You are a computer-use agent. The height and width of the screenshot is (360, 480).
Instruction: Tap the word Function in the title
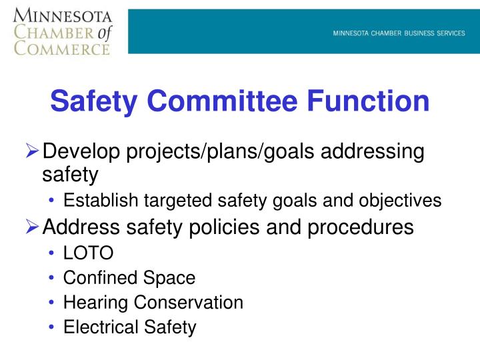[369, 101]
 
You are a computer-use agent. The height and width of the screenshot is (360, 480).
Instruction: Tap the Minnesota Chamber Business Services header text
[399, 34]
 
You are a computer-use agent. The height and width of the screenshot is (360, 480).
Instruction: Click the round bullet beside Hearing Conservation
[52, 303]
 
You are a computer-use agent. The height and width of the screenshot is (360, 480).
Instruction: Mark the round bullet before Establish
[52, 200]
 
